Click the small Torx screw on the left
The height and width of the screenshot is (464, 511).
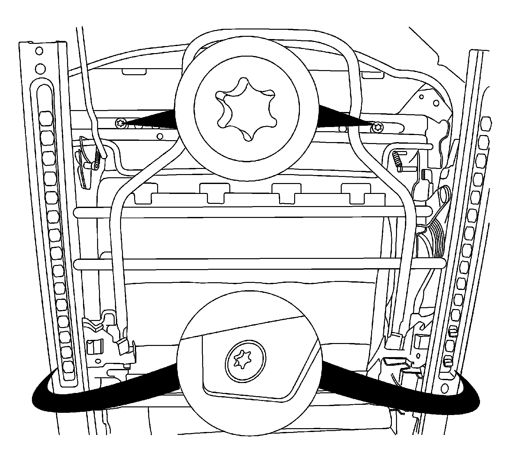121,122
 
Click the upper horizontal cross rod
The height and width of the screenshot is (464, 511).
256,212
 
